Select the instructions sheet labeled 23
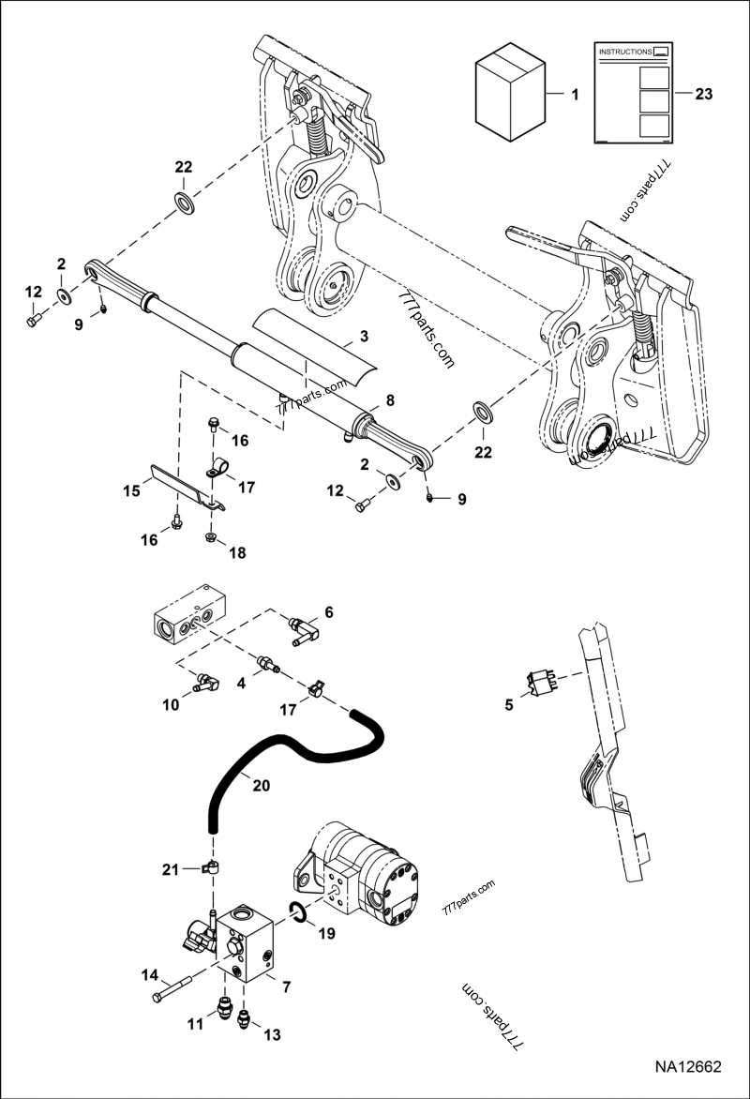pyautogui.click(x=635, y=93)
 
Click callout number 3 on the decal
pyautogui.click(x=364, y=335)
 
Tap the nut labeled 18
pyautogui.click(x=211, y=537)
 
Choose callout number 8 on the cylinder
pyautogui.click(x=389, y=399)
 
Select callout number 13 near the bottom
pyautogui.click(x=271, y=1034)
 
